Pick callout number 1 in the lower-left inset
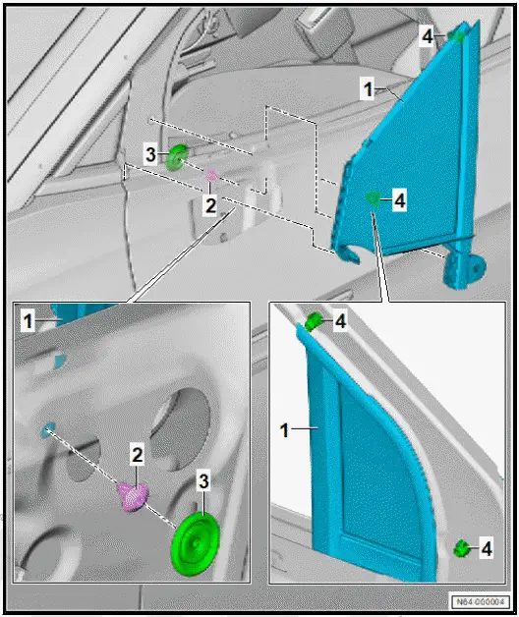(29, 320)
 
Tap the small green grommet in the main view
(179, 157)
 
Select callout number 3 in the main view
(150, 155)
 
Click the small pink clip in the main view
(211, 176)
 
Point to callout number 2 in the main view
(208, 204)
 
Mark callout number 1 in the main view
(366, 89)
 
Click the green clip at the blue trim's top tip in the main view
(458, 36)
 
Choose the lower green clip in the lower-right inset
(459, 547)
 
